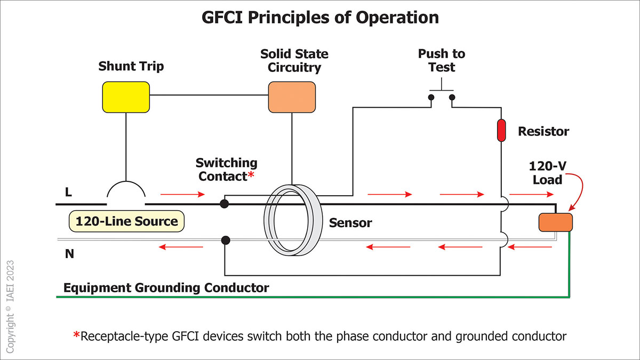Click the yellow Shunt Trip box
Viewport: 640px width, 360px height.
125,97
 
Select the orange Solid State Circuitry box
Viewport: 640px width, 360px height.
291,97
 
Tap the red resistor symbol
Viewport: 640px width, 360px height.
501,131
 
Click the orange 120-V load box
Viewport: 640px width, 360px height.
555,222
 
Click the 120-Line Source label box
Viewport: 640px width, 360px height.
126,221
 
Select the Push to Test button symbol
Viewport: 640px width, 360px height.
442,93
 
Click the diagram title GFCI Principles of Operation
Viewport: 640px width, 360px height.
320,18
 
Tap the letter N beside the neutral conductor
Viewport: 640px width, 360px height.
69,254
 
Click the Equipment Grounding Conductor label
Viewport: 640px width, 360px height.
166,288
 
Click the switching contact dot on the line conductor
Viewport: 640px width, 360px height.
225,204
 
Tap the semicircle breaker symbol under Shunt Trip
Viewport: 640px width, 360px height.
126,193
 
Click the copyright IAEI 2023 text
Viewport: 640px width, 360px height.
11,306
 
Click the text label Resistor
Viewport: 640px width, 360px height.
543,131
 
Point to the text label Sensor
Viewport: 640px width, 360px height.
350,222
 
